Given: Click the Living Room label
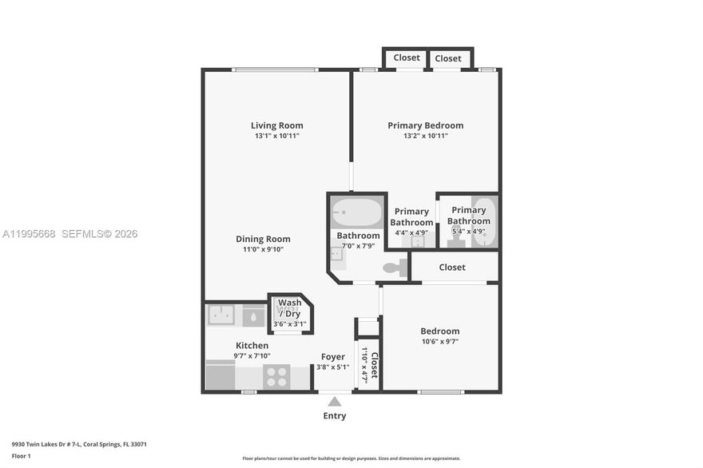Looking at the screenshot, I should pos(276,125).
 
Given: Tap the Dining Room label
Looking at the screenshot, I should pos(263,239).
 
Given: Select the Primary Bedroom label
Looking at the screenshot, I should pos(425,125).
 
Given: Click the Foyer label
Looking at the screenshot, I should pos(333,357).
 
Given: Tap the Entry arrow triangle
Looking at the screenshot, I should pos(335,402).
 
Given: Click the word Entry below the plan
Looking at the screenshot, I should pos(335,416).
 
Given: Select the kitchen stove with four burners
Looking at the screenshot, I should pos(276,376).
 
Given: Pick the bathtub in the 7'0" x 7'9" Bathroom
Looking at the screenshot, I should pos(357,213).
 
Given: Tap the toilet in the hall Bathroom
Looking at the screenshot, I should pos(394,268).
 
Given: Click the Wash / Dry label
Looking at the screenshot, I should pos(289,308).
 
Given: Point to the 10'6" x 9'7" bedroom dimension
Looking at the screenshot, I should pos(440,342).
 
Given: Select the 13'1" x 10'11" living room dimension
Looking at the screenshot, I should pos(276,137).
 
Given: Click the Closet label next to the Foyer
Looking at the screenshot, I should pos(374,365).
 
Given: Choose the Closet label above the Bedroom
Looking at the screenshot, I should pos(452,268).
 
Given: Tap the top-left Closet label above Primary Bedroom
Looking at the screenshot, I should pos(407,58).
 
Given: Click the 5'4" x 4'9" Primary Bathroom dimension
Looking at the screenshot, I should pos(469,232).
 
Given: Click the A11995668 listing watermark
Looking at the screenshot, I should pos(29,234).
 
